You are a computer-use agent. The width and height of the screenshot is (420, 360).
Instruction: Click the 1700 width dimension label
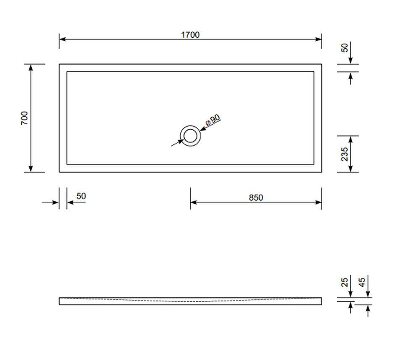[x=190, y=35]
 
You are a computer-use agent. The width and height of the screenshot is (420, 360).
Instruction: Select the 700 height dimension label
[x=25, y=118]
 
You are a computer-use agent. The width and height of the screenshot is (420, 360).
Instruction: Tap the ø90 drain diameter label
[x=213, y=121]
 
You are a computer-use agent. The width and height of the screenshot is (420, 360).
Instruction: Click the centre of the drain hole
[x=190, y=136]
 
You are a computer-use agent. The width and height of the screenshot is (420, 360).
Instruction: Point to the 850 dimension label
[x=256, y=197]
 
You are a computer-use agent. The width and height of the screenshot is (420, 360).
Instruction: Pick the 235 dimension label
[x=344, y=154]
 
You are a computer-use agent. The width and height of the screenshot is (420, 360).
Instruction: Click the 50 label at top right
[x=345, y=47]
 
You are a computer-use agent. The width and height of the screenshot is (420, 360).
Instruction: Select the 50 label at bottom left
[x=81, y=196]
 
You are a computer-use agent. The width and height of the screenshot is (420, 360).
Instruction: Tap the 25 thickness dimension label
[x=345, y=282]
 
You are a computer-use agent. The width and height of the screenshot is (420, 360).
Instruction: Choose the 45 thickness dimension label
[x=362, y=282]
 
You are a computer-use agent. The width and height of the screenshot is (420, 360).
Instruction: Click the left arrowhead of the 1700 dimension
[x=62, y=39]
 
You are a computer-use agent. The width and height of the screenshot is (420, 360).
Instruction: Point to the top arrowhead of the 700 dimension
[x=31, y=67]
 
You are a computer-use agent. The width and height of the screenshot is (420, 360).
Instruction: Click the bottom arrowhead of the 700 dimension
[x=31, y=169]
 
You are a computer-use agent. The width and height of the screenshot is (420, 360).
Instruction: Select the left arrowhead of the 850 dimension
[x=193, y=202]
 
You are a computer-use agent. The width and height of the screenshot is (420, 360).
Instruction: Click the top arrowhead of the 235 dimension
[x=351, y=139]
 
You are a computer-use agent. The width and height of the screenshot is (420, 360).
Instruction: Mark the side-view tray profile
[x=190, y=301]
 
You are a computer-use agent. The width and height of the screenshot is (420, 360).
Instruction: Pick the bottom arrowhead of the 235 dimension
[x=351, y=169]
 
